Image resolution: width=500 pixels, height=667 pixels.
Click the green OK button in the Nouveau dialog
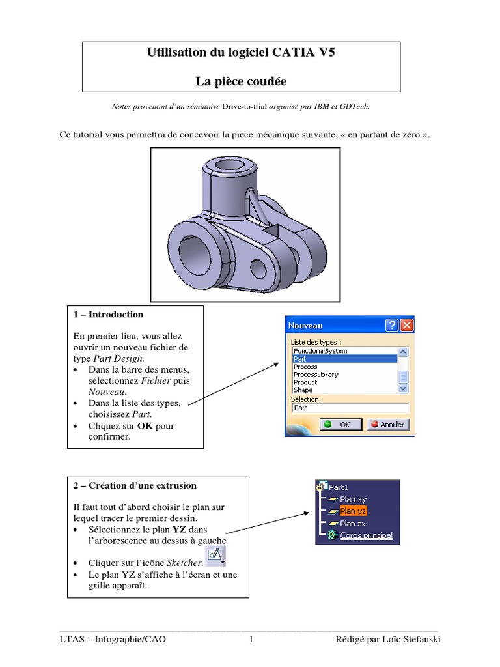pos(337,424)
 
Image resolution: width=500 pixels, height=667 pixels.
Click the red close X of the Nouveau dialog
pos(406,325)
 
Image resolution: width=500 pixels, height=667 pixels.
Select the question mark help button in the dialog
pos(392,325)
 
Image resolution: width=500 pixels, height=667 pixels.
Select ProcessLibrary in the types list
pos(316,375)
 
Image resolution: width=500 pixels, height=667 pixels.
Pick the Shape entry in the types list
pos(303,390)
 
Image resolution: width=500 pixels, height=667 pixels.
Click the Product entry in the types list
pos(305,382)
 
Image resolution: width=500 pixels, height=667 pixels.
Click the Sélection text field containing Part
pos(350,408)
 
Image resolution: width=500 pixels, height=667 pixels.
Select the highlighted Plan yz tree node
pos(353,511)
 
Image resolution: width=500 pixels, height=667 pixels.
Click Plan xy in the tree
pos(353,499)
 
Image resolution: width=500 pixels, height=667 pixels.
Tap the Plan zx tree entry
pos(353,523)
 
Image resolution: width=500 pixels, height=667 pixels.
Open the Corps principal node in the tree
pos(366,535)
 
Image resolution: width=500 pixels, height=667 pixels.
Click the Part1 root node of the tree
pos(339,487)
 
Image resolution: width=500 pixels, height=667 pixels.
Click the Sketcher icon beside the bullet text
pos(214,556)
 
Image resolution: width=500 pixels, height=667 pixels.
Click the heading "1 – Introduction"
pos(108,315)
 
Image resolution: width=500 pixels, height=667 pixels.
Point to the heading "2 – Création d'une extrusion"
pos(135,485)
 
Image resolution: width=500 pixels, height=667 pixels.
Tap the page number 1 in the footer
pos(250,640)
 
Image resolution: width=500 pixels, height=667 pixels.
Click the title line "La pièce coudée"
pos(241,81)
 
